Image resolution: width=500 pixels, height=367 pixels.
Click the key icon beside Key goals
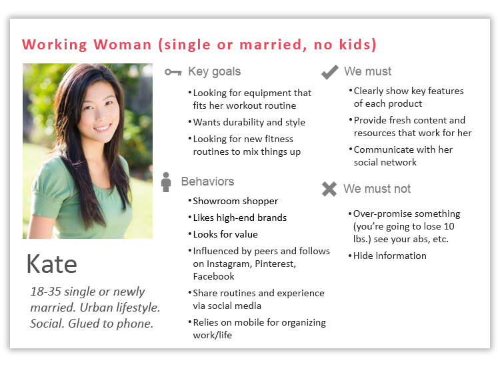tap(173, 73)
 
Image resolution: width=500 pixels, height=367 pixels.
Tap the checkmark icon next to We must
tap(330, 72)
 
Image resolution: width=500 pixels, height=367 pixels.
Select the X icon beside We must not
tap(329, 189)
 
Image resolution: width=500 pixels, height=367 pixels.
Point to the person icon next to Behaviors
tap(166, 182)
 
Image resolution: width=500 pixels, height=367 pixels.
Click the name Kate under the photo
tap(51, 264)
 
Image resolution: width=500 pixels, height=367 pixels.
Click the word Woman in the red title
tap(122, 44)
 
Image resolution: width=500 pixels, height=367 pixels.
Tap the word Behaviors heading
tap(207, 181)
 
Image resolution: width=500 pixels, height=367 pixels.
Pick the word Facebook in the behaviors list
tap(213, 276)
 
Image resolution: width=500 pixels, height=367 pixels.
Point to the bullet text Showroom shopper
tap(235, 201)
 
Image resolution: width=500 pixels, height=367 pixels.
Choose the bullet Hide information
tap(390, 256)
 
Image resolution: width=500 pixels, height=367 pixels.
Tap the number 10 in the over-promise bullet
tap(449, 226)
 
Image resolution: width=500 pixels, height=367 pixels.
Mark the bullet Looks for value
tap(225, 234)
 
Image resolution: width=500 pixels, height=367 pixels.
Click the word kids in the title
tap(355, 44)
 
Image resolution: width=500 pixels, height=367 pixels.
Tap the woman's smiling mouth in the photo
tap(103, 128)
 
